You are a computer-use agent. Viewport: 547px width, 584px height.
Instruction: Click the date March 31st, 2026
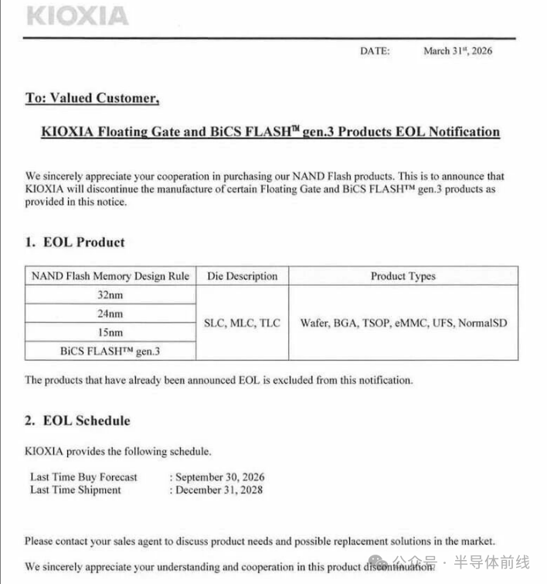pos(457,51)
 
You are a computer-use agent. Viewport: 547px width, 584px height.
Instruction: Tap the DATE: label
pos(375,51)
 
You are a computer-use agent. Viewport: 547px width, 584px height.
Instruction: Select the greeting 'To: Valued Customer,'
pos(92,98)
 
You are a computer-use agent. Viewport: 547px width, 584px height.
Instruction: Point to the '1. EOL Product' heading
pos(74,242)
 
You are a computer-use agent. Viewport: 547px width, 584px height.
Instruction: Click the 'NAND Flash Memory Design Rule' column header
pos(110,276)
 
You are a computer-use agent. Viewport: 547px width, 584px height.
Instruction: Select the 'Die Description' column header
pos(242,276)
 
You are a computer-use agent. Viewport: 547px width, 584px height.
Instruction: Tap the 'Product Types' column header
pos(403,276)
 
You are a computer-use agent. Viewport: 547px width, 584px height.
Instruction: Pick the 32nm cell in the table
pos(110,295)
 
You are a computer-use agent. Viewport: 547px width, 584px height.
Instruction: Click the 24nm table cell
pos(110,314)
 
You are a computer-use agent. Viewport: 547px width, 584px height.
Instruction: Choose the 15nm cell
pos(110,332)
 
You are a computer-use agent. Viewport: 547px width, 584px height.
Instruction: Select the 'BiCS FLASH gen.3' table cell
pos(110,351)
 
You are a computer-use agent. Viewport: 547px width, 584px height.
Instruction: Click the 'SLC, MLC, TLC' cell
pos(242,323)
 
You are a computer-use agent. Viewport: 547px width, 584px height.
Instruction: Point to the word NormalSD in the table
pos(483,323)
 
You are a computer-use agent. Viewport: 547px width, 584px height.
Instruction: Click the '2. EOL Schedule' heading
pos(77,421)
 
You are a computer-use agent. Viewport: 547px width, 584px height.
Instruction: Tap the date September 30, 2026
pos(220,477)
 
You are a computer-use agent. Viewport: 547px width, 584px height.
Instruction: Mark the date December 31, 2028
pos(219,490)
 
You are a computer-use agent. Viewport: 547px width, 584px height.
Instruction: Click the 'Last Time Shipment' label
pos(76,490)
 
